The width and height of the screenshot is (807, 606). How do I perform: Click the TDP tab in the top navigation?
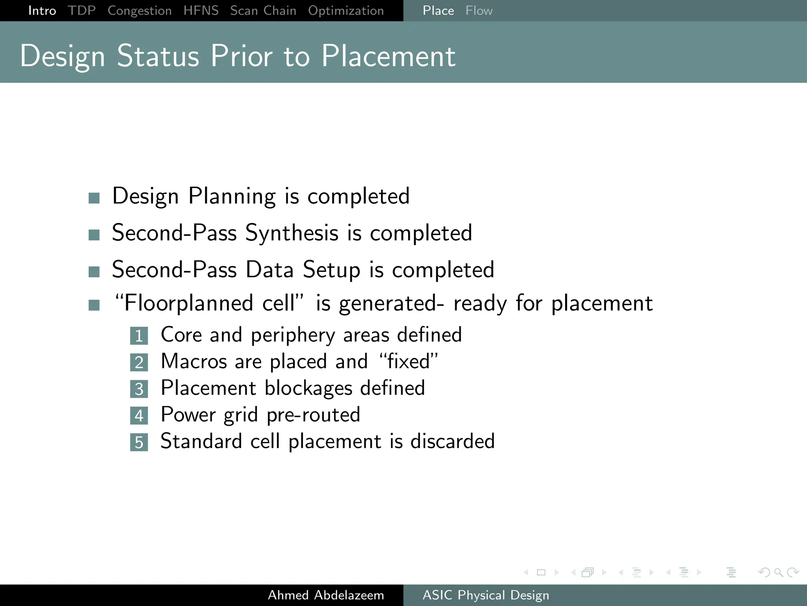coord(82,10)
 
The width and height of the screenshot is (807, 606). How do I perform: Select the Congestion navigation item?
coord(139,11)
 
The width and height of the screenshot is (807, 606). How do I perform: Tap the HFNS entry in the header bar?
coord(201,10)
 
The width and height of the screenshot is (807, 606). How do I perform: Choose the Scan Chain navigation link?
coord(263,11)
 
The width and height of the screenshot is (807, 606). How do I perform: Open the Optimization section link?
coord(346,11)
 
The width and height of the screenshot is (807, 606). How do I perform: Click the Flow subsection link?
coord(479,11)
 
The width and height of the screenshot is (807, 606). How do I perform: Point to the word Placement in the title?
coord(389,56)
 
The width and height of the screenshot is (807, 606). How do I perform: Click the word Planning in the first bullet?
coord(232,196)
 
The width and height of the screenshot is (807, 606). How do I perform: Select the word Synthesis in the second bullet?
coord(292,233)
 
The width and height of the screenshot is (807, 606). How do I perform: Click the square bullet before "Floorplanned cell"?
coord(94,305)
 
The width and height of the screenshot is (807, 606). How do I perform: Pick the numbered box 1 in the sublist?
coord(139,336)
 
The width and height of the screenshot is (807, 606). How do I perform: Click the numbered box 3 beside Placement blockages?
coord(139,389)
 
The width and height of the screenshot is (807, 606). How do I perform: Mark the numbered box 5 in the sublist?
coord(139,442)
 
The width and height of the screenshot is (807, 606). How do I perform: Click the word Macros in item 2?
coord(194,361)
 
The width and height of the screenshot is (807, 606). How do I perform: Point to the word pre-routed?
coord(313,415)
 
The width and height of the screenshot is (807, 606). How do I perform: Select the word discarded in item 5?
coord(452,441)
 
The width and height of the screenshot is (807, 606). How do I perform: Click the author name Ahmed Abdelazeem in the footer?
coord(326,595)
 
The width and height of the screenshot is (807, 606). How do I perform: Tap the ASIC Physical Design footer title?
coord(486,595)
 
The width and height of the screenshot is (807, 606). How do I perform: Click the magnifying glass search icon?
coord(778,572)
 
